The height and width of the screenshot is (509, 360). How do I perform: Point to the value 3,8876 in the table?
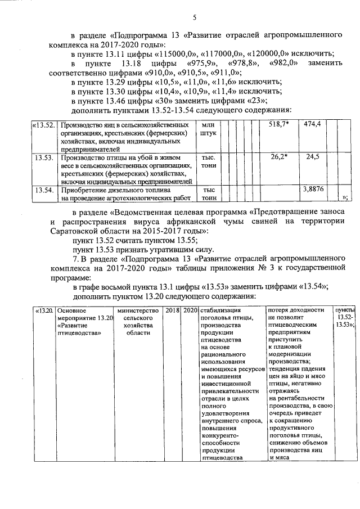[x=312, y=190]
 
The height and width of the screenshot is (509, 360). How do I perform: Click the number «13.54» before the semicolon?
[x=313, y=286]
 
